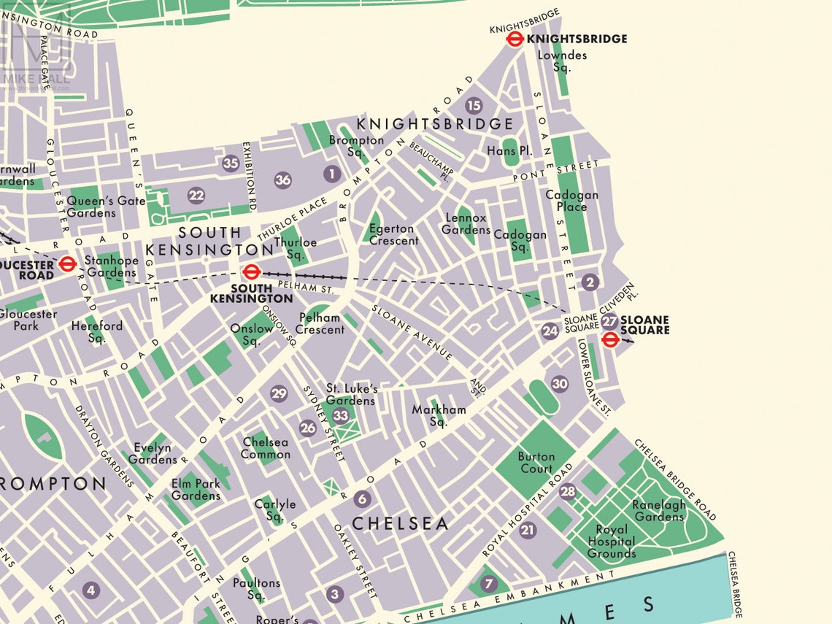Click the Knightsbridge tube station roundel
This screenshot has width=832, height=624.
[x=515, y=39]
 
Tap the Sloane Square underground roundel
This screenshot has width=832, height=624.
[x=611, y=339]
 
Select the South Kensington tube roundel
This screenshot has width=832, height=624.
[x=251, y=272]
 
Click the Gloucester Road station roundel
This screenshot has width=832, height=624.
[x=67, y=263]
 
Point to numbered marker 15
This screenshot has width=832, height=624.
[x=474, y=106]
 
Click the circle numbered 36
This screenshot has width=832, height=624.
[x=283, y=180]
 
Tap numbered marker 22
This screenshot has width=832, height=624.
[x=196, y=195]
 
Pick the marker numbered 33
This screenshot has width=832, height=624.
[x=341, y=416]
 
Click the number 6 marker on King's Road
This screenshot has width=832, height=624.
[x=362, y=499]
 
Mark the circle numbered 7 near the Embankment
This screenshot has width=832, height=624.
[x=488, y=584]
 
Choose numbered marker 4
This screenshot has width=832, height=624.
[x=90, y=590]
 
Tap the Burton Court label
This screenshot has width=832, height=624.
[x=536, y=463]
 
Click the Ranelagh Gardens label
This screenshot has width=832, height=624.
[x=659, y=511]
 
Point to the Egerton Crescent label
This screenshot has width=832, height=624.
[x=394, y=235]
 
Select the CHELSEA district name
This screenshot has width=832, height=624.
[x=401, y=523]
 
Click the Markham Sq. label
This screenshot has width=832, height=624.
[x=439, y=415]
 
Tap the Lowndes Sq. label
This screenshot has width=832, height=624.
[x=562, y=61]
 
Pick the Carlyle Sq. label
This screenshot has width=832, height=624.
[x=275, y=510]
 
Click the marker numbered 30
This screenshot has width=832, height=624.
[x=560, y=384]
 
